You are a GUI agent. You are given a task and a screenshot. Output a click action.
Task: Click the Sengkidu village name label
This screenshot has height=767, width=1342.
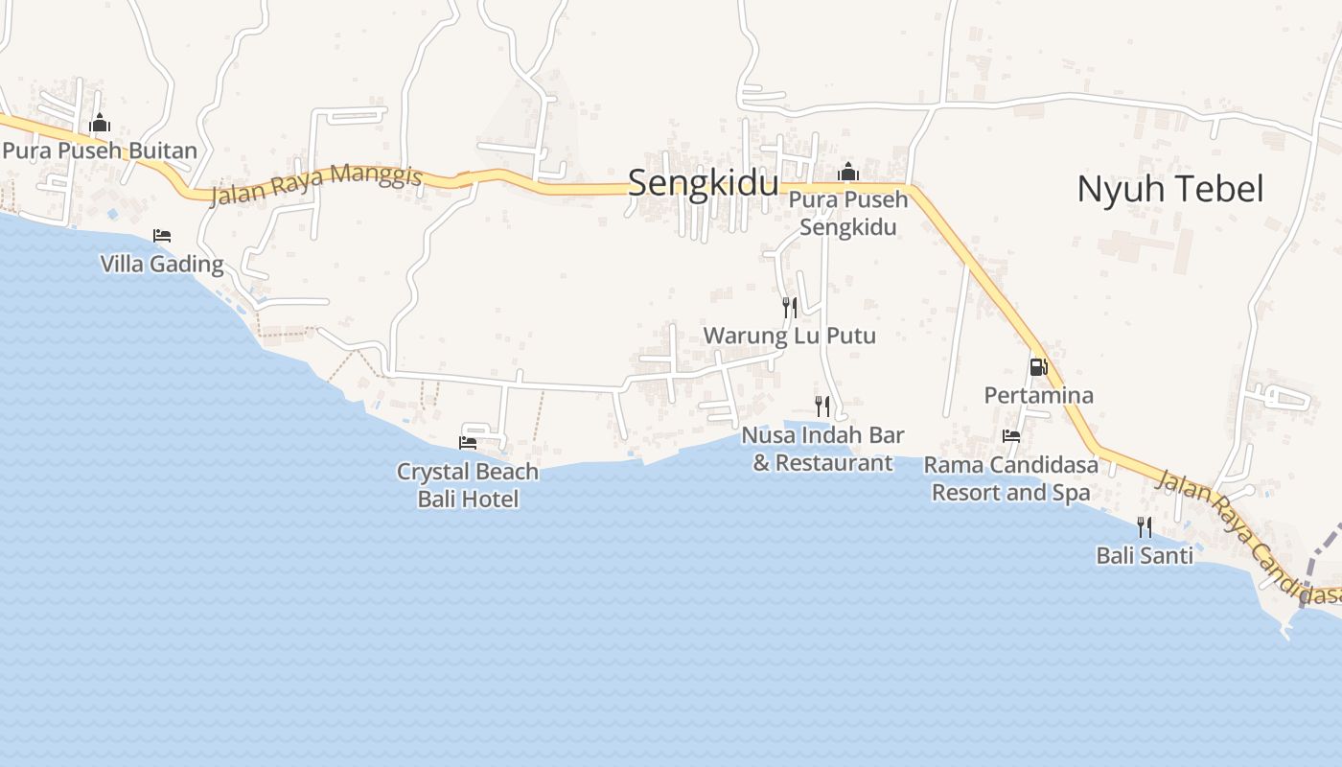pyautogui.click(x=703, y=182)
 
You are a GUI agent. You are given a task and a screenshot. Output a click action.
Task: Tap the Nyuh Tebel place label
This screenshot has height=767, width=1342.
pyautogui.click(x=1169, y=189)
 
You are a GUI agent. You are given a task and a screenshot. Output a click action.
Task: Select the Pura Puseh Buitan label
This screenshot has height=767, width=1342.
pyautogui.click(x=100, y=151)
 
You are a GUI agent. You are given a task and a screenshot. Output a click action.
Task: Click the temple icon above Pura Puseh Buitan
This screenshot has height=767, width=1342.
pyautogui.click(x=100, y=124)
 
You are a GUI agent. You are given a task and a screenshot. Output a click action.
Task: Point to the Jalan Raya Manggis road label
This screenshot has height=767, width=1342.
pyautogui.click(x=316, y=185)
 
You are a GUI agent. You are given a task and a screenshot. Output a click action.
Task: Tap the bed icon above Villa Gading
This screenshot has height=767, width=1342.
pyautogui.click(x=162, y=236)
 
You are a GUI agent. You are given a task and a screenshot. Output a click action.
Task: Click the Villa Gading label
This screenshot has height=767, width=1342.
pyautogui.click(x=162, y=264)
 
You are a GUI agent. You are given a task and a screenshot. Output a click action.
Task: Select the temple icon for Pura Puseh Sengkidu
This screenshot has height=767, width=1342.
pyautogui.click(x=847, y=174)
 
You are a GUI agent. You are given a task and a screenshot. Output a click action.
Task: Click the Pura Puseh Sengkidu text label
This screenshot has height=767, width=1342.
pyautogui.click(x=848, y=214)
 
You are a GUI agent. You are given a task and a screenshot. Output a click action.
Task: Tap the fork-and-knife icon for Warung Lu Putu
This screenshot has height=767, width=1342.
pyautogui.click(x=790, y=308)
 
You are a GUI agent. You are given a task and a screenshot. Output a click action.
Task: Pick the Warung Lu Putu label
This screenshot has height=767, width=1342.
pyautogui.click(x=790, y=336)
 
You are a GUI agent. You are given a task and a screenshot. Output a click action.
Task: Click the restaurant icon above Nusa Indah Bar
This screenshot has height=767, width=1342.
pyautogui.click(x=822, y=407)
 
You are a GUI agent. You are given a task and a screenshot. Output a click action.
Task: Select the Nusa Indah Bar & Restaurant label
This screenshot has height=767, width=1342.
pyautogui.click(x=822, y=449)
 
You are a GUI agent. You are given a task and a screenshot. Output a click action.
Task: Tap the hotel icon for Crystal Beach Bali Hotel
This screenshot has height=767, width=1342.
pyautogui.click(x=468, y=443)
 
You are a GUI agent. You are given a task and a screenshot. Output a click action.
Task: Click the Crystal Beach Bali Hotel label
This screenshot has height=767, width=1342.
pyautogui.click(x=468, y=485)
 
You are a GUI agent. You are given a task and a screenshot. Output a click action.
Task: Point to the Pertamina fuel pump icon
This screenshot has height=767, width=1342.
pyautogui.click(x=1038, y=367)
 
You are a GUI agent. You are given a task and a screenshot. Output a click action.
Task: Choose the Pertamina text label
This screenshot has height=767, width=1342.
pyautogui.click(x=1038, y=395)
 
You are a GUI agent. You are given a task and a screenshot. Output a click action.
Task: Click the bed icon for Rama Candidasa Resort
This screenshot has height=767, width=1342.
pyautogui.click(x=1011, y=436)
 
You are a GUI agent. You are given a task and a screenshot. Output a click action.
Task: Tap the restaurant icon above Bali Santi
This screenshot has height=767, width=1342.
pyautogui.click(x=1145, y=526)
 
